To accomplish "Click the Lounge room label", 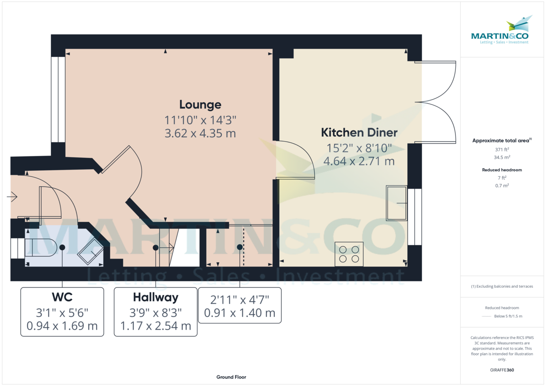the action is tap(200, 105).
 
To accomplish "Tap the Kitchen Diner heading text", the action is tap(359, 133).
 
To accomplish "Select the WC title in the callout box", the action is tap(62, 297).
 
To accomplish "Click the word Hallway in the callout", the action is tap(156, 298).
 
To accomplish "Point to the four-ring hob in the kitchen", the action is tap(349, 254).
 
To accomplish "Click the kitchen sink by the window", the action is tap(397, 203).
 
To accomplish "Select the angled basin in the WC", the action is tap(91, 251).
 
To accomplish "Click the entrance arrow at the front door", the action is tap(12, 196).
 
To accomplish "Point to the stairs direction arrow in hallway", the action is tap(167, 248).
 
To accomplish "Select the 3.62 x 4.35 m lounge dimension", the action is tap(200, 134).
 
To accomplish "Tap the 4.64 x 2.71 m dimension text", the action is tap(359, 161).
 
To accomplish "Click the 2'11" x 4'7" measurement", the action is tap(240, 300).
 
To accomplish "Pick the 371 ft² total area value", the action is tap(502, 150).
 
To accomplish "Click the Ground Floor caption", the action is tap(231, 377).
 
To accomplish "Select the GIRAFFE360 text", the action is tap(502, 370).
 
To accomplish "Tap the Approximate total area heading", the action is tap(502, 140).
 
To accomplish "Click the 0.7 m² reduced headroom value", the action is tap(502, 185).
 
